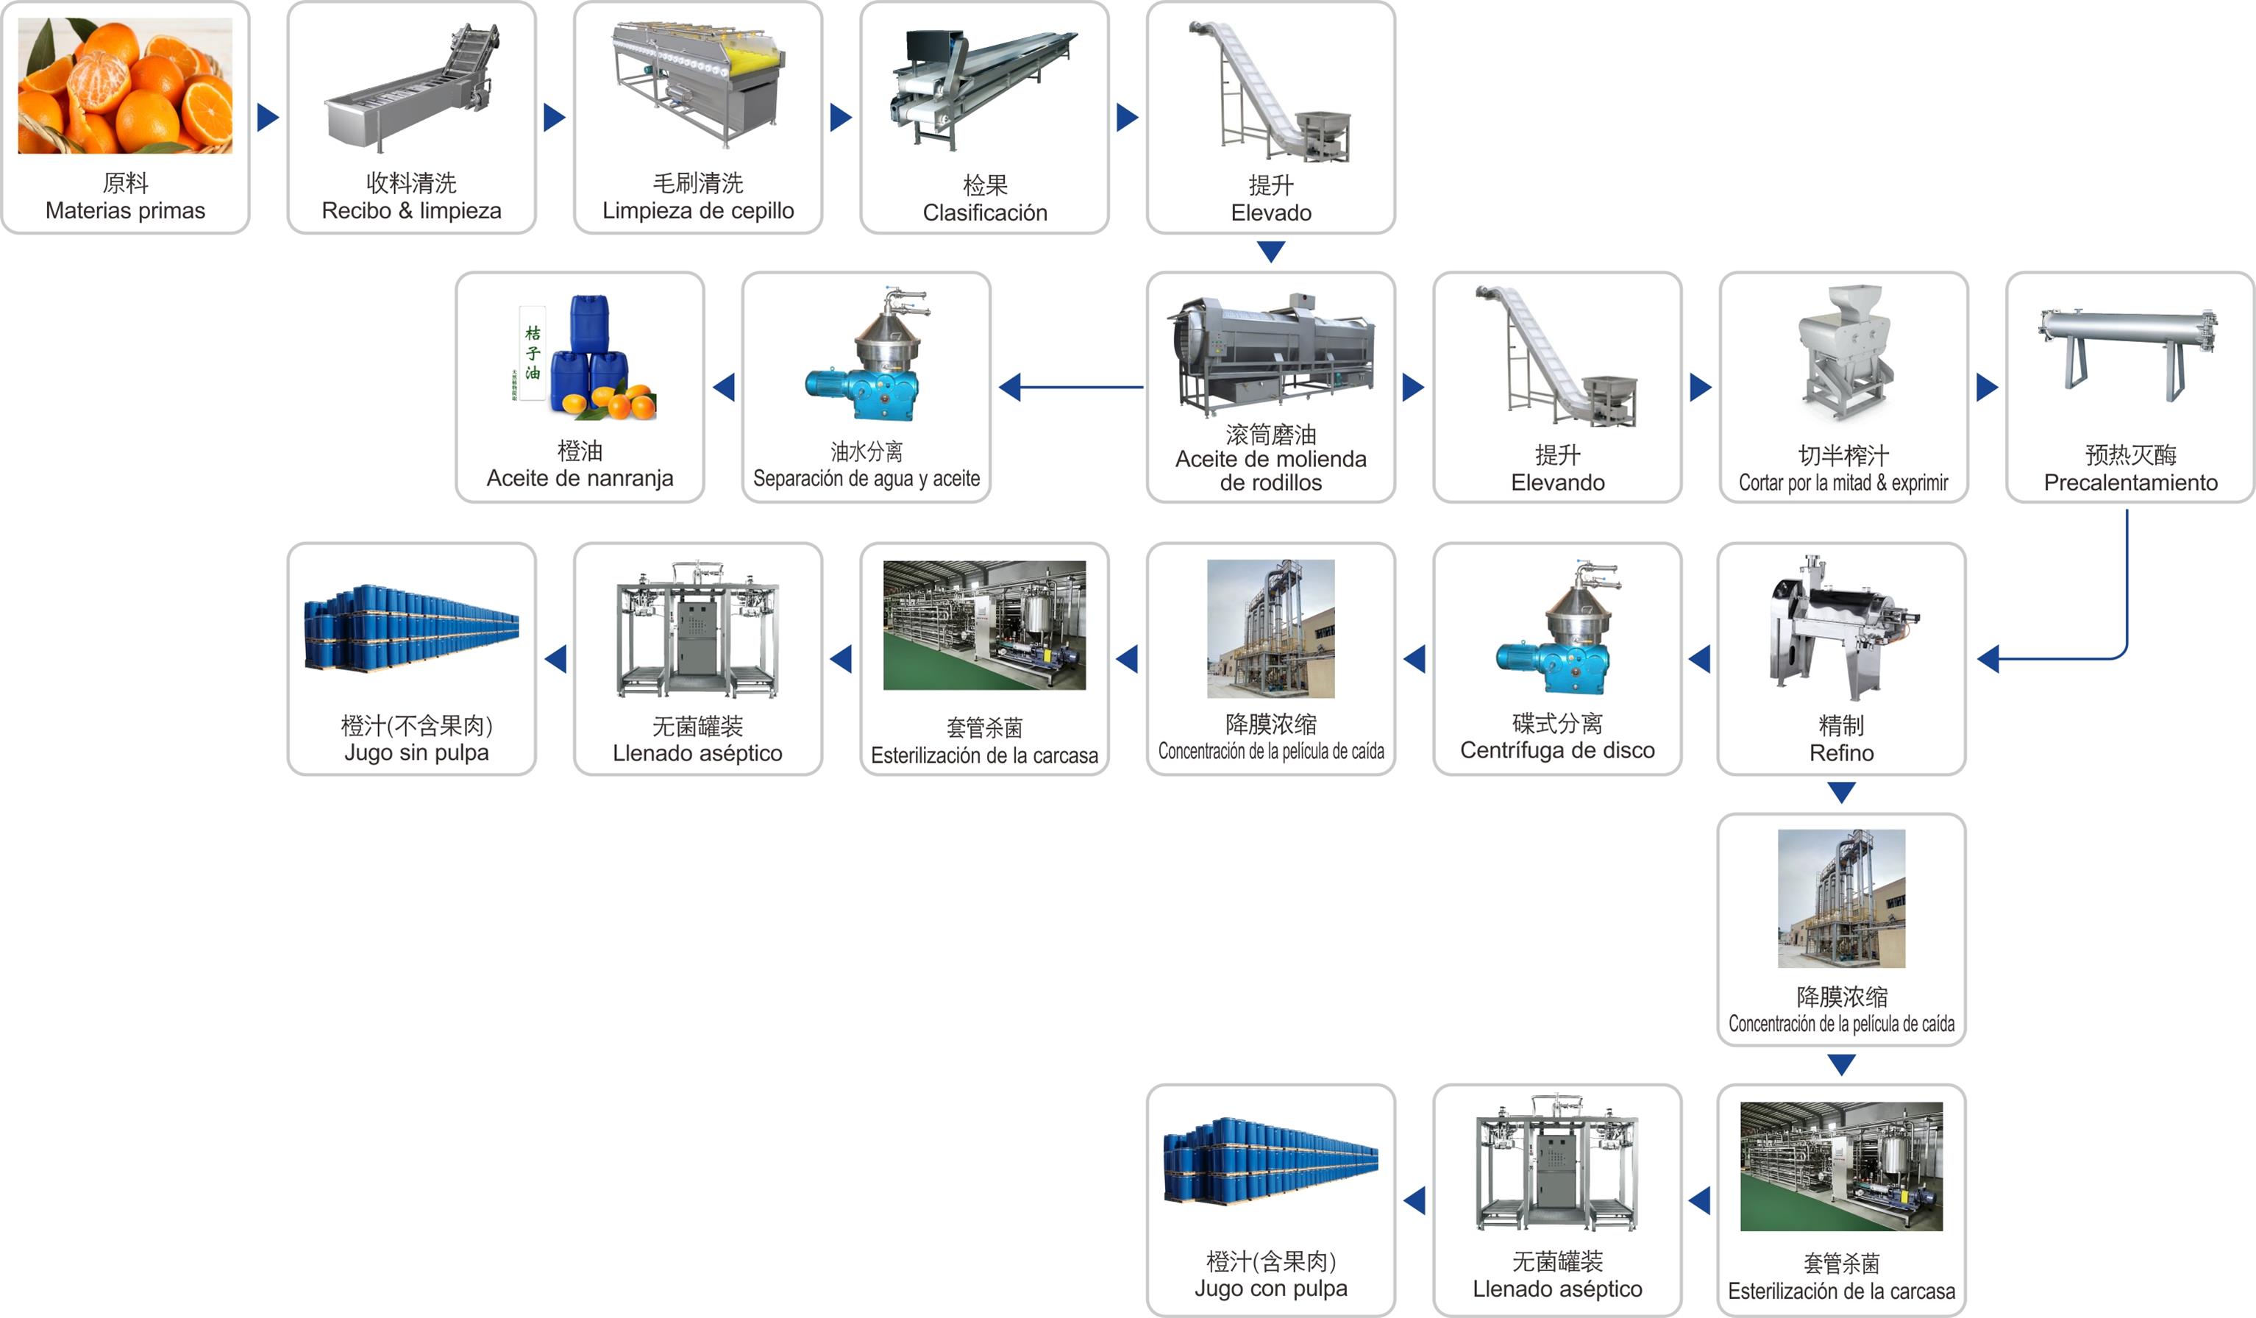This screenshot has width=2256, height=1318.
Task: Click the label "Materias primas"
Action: click(x=125, y=210)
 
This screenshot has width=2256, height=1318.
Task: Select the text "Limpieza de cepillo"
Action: click(x=698, y=210)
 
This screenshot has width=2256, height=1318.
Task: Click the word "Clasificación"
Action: click(x=985, y=213)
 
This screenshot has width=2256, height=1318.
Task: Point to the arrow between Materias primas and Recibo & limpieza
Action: click(x=268, y=117)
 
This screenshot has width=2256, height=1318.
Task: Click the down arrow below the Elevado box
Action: click(x=1270, y=251)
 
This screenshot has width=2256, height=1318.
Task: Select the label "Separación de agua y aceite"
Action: click(x=867, y=478)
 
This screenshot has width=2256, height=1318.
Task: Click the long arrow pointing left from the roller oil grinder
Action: click(x=1071, y=387)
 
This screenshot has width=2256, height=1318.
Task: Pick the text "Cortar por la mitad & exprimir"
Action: click(x=1843, y=482)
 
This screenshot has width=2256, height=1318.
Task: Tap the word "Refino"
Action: click(x=1841, y=753)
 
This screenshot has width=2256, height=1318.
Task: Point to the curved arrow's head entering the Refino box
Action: click(x=1988, y=659)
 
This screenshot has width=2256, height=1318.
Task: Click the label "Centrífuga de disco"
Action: click(x=1558, y=750)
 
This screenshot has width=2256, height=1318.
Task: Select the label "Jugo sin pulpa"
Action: click(x=416, y=753)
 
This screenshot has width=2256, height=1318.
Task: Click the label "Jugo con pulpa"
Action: click(x=1270, y=1289)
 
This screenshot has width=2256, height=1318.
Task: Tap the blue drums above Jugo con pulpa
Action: click(x=1270, y=1161)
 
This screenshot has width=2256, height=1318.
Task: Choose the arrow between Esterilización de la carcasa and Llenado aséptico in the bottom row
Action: click(x=1699, y=1201)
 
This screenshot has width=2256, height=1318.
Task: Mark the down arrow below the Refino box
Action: click(x=1841, y=792)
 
